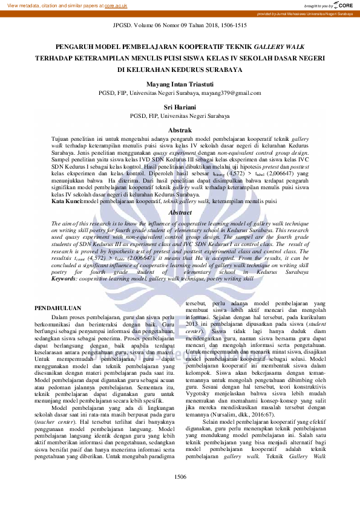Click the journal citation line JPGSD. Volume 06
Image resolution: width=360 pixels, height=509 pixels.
180,27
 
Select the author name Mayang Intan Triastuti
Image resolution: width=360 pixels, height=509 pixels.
180,85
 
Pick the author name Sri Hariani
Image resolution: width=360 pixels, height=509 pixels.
180,106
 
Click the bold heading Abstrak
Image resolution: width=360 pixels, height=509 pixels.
180,130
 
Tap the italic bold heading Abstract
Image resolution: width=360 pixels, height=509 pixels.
180,213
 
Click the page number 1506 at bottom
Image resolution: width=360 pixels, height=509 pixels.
180,477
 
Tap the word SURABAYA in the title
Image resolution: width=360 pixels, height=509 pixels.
221,70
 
